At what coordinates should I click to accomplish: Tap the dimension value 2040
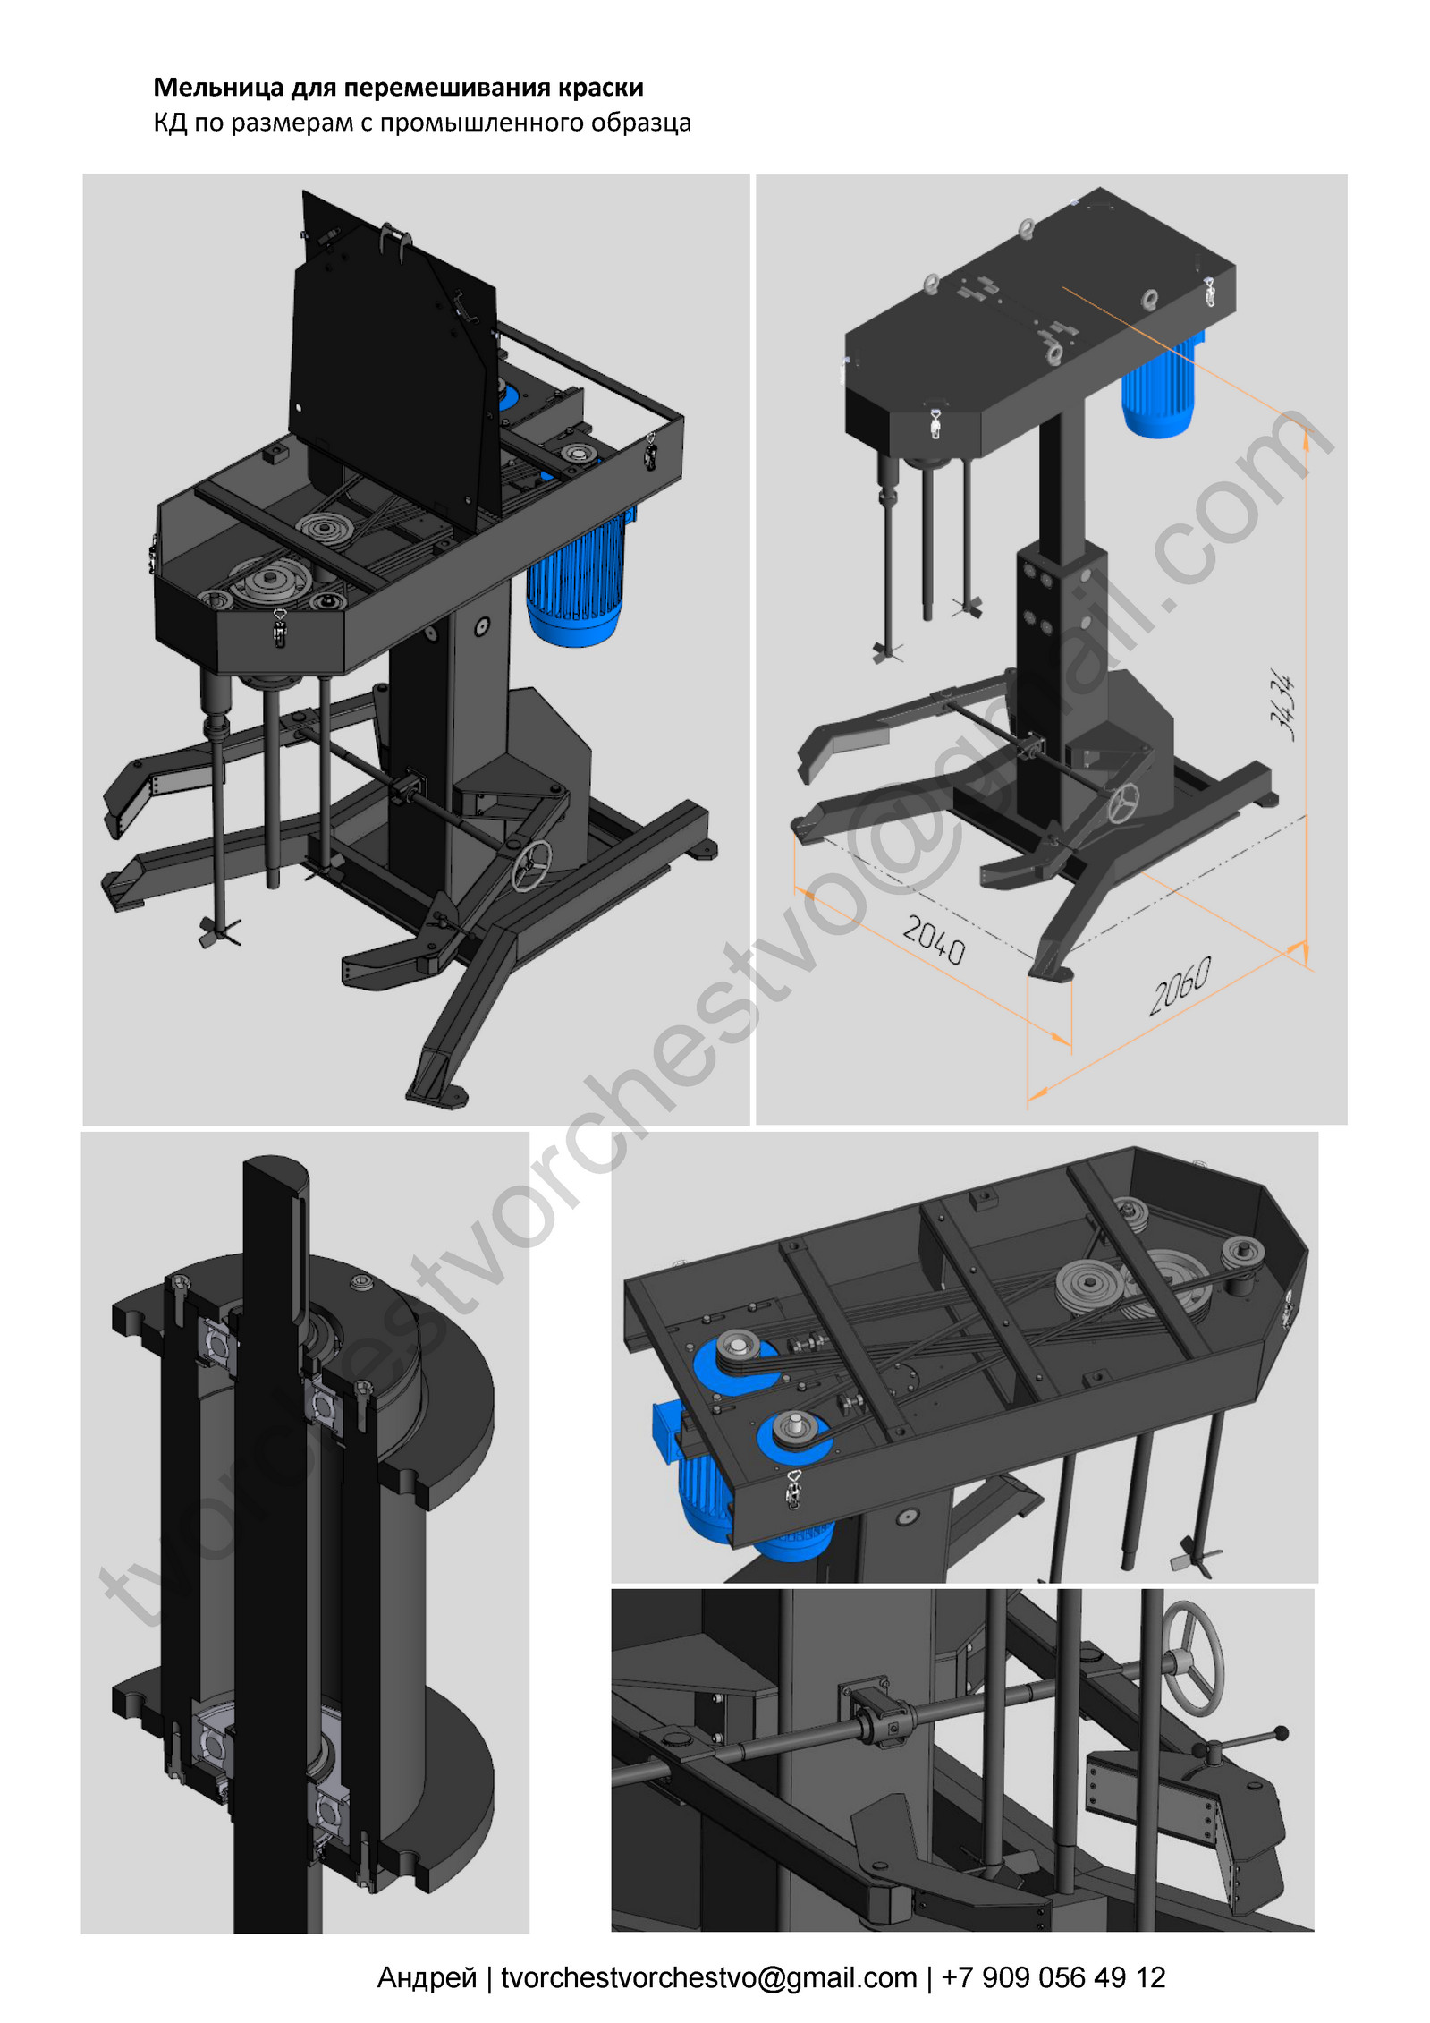point(934,939)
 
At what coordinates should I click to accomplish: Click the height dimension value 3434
point(1282,707)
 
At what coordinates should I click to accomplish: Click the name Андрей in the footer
point(427,1976)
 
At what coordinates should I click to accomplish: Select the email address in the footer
point(709,1976)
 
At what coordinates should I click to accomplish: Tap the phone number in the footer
point(1053,1976)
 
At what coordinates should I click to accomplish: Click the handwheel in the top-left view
point(531,865)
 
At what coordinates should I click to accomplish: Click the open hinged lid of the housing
point(393,358)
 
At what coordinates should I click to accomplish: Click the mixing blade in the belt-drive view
point(1196,1557)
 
